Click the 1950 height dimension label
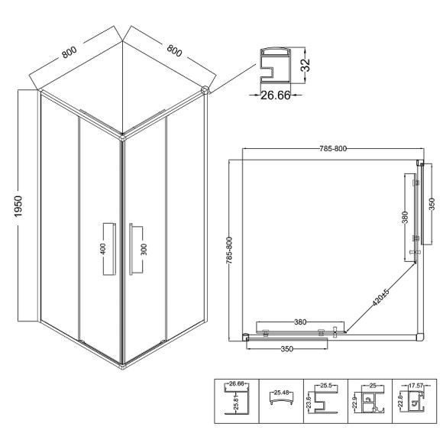point(18,206)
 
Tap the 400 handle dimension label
point(103,249)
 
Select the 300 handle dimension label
point(144,249)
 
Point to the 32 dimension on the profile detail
point(306,65)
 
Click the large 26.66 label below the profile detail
point(275,95)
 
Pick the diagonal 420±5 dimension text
point(381,297)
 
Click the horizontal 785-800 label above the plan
point(333,149)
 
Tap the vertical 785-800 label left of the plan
point(229,251)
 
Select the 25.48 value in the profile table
point(281,393)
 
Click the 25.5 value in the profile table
point(325,386)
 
